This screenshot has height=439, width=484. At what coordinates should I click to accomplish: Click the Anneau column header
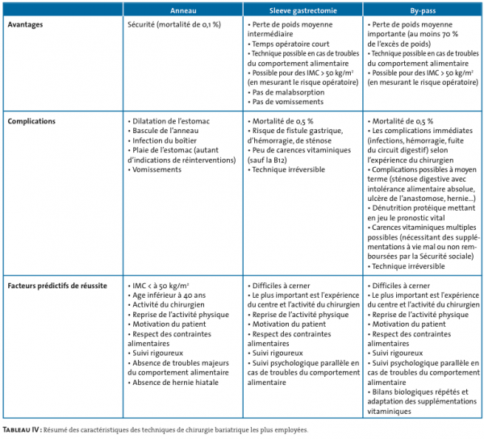[183, 10]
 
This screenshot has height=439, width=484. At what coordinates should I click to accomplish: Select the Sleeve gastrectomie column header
[302, 10]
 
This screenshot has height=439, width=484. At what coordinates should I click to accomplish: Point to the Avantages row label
[26, 25]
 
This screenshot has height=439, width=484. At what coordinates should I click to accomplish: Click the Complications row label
[31, 121]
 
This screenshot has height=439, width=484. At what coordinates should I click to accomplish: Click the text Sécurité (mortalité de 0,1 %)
[173, 25]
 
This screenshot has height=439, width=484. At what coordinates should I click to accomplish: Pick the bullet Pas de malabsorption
[290, 92]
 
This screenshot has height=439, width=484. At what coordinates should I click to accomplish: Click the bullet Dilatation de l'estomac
[172, 121]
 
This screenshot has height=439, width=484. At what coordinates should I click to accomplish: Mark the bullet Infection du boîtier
[166, 140]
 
